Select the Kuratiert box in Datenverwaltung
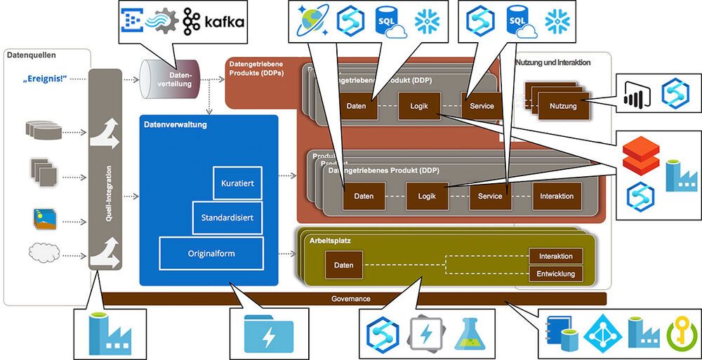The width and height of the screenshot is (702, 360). click(x=237, y=182)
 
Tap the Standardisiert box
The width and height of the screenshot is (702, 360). click(x=227, y=218)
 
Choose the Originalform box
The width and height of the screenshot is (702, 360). click(x=211, y=253)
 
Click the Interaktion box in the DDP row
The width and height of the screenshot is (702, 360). click(x=557, y=196)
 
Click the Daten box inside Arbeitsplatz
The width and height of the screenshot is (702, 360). click(x=343, y=265)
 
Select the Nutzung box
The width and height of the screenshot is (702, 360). click(x=563, y=106)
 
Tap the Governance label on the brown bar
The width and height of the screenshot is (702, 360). click(x=350, y=299)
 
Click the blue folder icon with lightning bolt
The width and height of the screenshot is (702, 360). click(x=267, y=334)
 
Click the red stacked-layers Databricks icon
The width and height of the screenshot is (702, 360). click(x=640, y=155)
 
